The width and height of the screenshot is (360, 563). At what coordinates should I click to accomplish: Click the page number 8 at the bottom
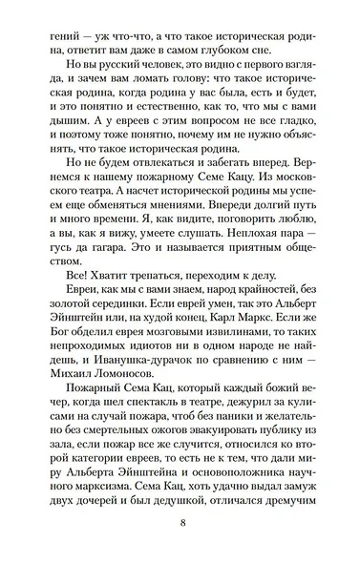point(181,522)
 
